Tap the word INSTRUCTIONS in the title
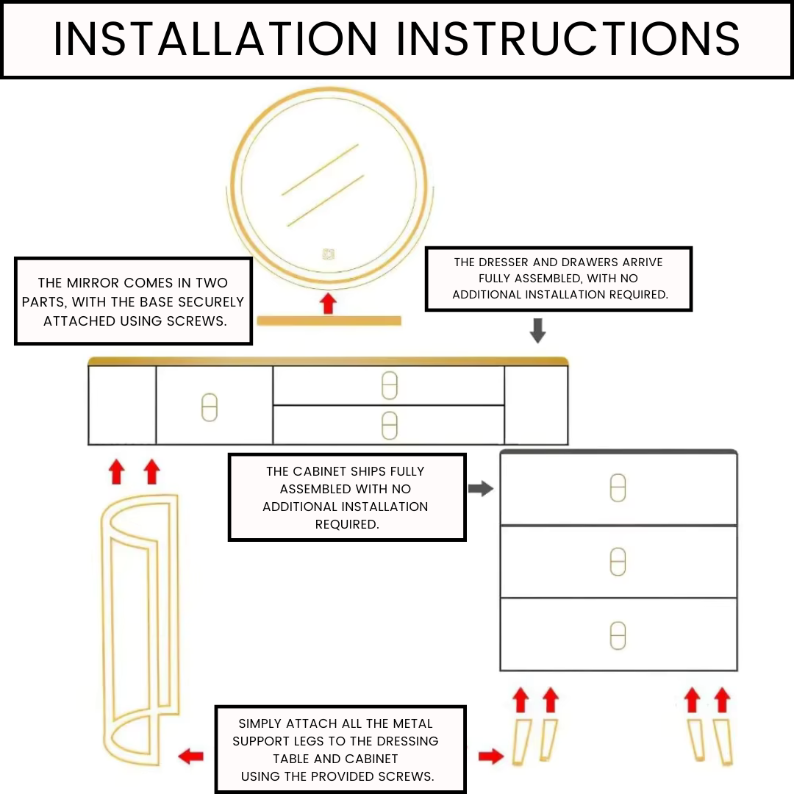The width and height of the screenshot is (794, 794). tap(568, 39)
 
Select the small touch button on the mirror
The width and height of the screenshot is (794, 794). tap(328, 254)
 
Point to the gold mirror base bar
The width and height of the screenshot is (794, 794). tap(329, 321)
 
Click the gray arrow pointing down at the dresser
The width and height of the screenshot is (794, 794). tap(538, 331)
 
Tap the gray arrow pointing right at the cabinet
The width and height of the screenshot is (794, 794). tap(480, 488)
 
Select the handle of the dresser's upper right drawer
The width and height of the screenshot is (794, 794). tap(389, 385)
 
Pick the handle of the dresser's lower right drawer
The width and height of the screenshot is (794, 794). tap(389, 425)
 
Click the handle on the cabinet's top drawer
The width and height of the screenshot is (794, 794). tap(618, 488)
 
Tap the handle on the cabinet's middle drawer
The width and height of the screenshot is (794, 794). tap(618, 562)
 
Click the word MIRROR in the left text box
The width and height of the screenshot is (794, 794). tap(96, 283)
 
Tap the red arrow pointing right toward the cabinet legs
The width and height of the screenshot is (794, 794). tap(490, 756)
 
